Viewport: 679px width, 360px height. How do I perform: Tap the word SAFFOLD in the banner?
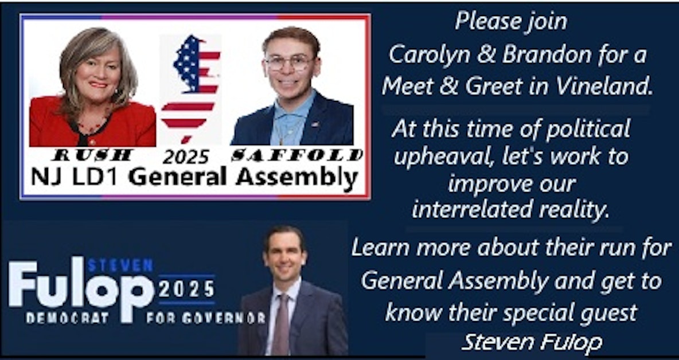point(297,155)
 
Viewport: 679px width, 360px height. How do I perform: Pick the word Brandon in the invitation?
point(542,55)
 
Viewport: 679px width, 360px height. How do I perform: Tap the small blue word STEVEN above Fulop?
point(120,265)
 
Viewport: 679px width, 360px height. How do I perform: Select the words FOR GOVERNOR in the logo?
point(205,318)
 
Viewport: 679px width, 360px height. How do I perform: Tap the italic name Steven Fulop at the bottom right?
point(532,343)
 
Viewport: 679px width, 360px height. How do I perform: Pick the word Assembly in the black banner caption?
point(296,177)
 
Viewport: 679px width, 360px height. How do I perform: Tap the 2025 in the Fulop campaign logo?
point(187,287)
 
